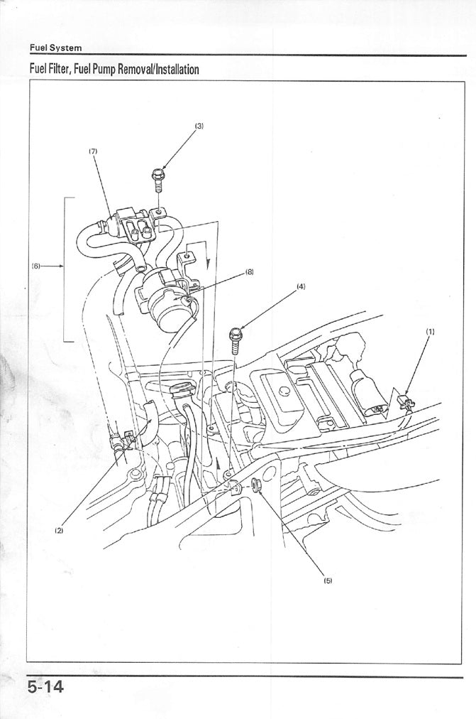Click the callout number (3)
[x=199, y=126]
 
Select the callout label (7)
[x=93, y=151]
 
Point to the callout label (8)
[x=250, y=271]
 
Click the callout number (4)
[x=301, y=286]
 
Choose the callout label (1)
[x=430, y=332]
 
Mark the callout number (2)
[x=59, y=530]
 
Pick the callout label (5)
[x=328, y=580]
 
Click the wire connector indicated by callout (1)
[x=406, y=403]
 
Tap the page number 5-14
[x=45, y=687]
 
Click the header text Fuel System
[x=55, y=48]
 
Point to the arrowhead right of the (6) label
[x=61, y=266]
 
